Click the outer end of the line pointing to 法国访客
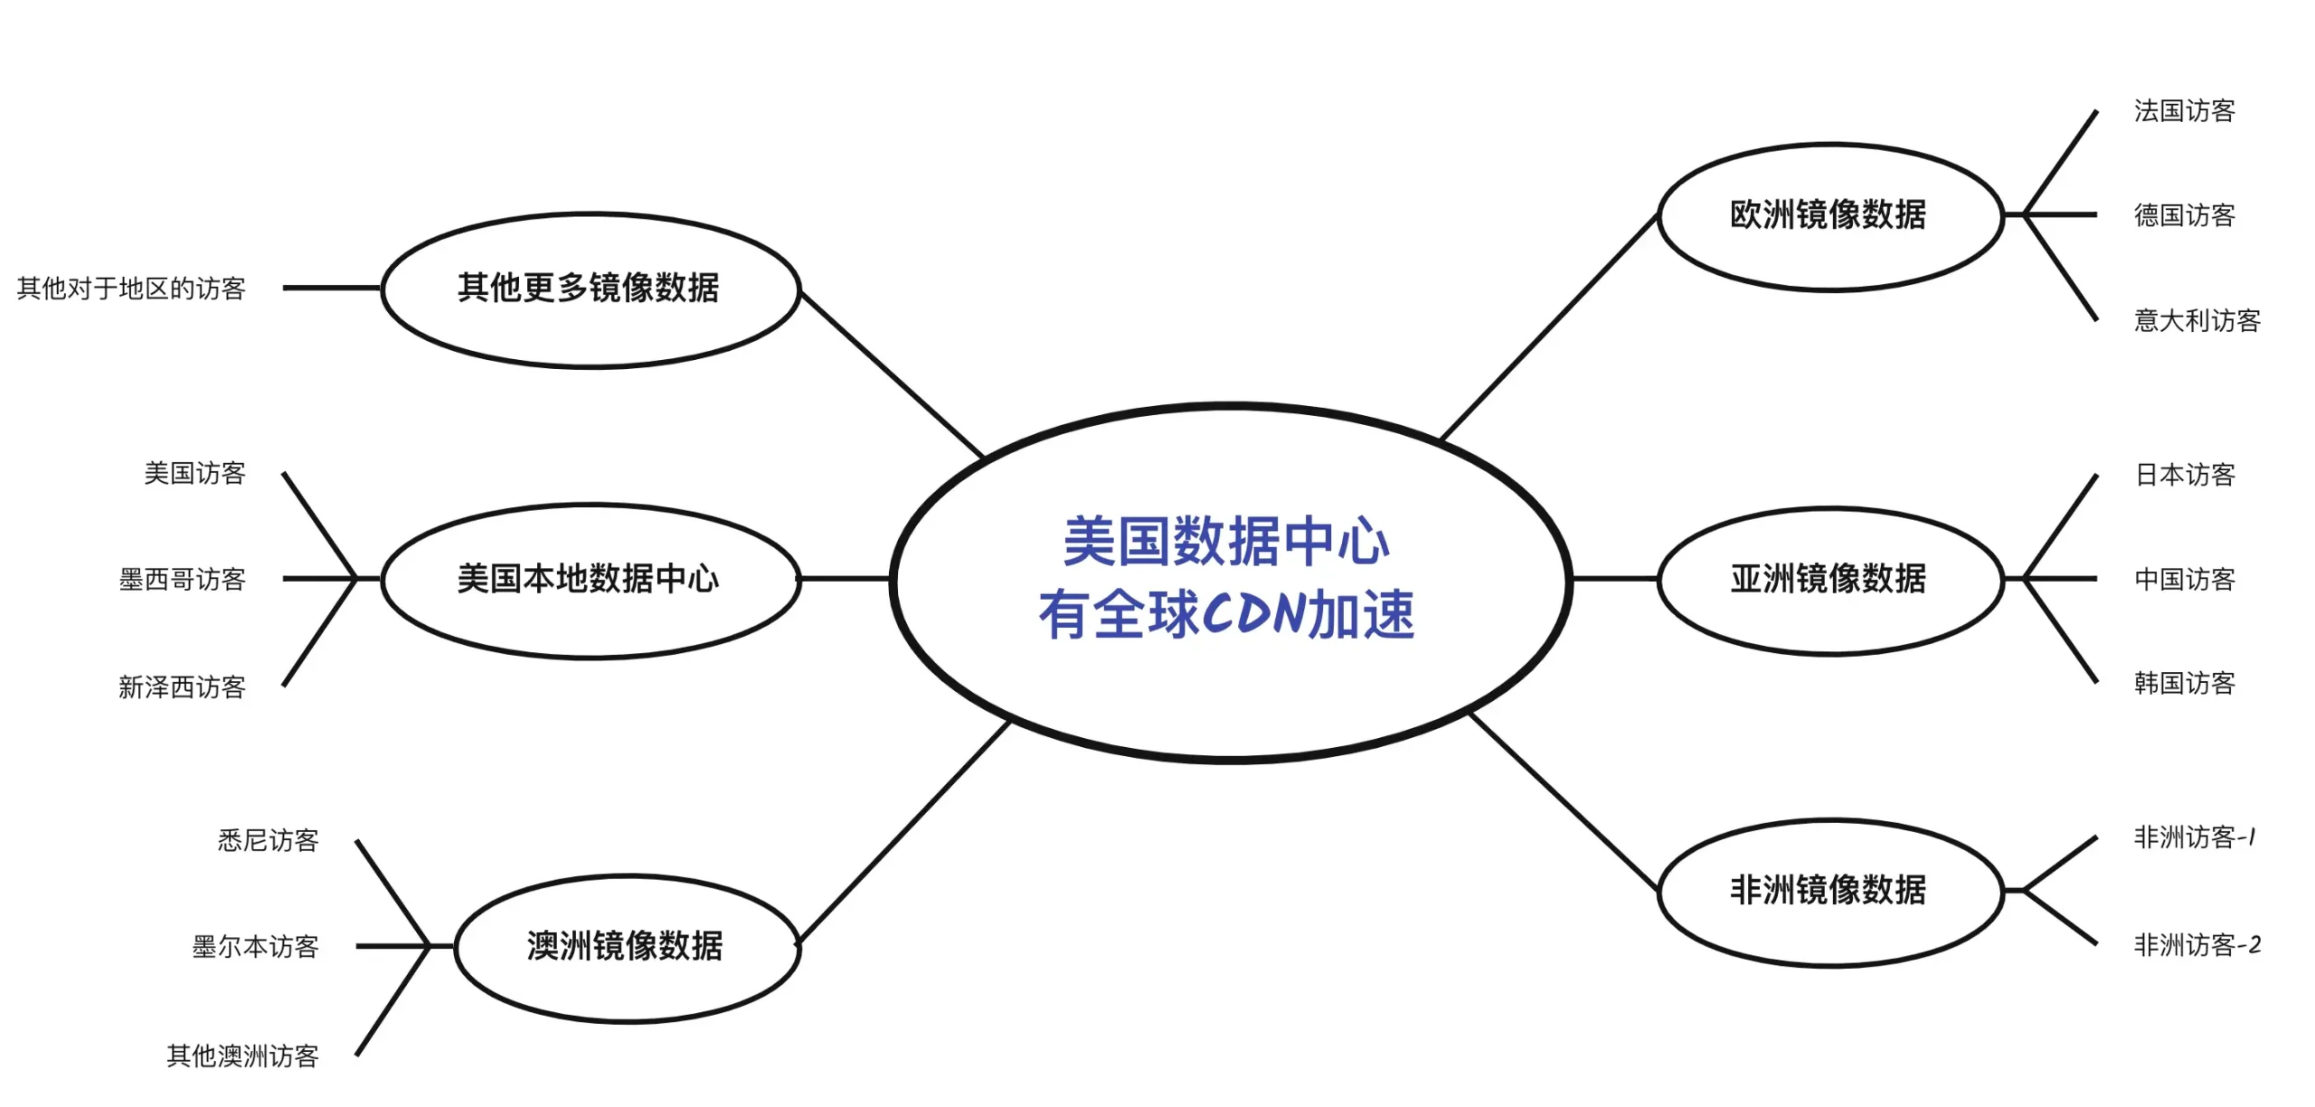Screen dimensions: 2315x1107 [x=2096, y=111]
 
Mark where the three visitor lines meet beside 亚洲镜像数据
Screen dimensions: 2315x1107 [x=2024, y=578]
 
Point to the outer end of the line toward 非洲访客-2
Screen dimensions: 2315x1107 [x=2096, y=945]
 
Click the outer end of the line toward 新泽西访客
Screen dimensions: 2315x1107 [x=283, y=686]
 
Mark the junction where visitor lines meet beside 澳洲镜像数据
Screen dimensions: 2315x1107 [x=428, y=946]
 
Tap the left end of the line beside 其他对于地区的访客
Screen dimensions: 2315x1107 [x=284, y=288]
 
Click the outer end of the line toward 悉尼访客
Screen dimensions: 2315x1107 [x=356, y=841]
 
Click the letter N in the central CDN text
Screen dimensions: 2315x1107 [x=1286, y=614]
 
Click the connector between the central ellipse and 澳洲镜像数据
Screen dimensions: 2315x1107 [x=903, y=832]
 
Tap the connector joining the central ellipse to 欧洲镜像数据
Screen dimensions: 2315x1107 [x=1549, y=326]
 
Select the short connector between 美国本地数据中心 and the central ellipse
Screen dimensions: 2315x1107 [x=846, y=578]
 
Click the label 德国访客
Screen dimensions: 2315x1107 [x=2184, y=215]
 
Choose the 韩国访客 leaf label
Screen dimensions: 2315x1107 [x=2184, y=683]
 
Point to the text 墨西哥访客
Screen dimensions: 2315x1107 [x=183, y=579]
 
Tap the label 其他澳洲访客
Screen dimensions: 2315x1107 [x=243, y=1055]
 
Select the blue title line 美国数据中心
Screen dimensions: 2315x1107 [x=1226, y=542]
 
